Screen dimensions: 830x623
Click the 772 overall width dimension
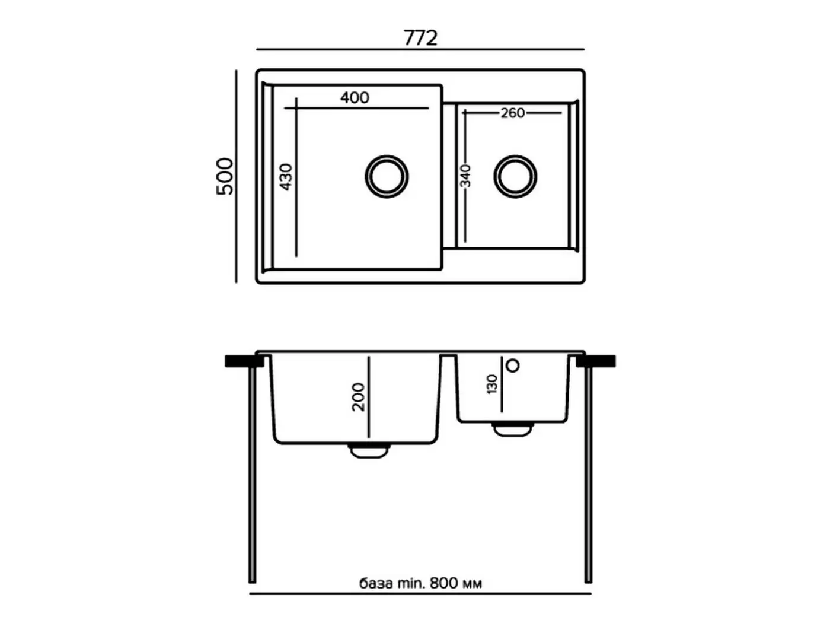pyautogui.click(x=420, y=38)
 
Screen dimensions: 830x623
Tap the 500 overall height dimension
pyautogui.click(x=225, y=176)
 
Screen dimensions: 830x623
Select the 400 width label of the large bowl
pyautogui.click(x=355, y=97)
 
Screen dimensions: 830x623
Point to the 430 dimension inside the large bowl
pyautogui.click(x=286, y=177)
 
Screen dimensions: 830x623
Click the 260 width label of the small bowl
pyautogui.click(x=512, y=113)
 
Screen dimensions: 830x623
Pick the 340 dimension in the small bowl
pyautogui.click(x=465, y=176)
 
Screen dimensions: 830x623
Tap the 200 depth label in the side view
pyautogui.click(x=358, y=397)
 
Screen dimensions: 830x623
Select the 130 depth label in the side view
pyautogui.click(x=492, y=384)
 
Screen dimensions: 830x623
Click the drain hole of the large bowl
pyautogui.click(x=387, y=176)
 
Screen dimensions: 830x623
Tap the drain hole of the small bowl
pyautogui.click(x=515, y=176)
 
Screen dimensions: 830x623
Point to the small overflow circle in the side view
pyautogui.click(x=513, y=365)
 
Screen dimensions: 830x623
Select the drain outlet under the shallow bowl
pyautogui.click(x=512, y=430)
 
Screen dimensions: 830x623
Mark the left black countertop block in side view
pyautogui.click(x=244, y=361)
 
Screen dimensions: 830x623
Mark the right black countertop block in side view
pyautogui.click(x=596, y=361)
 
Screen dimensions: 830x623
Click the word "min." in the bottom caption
pyautogui.click(x=411, y=583)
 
